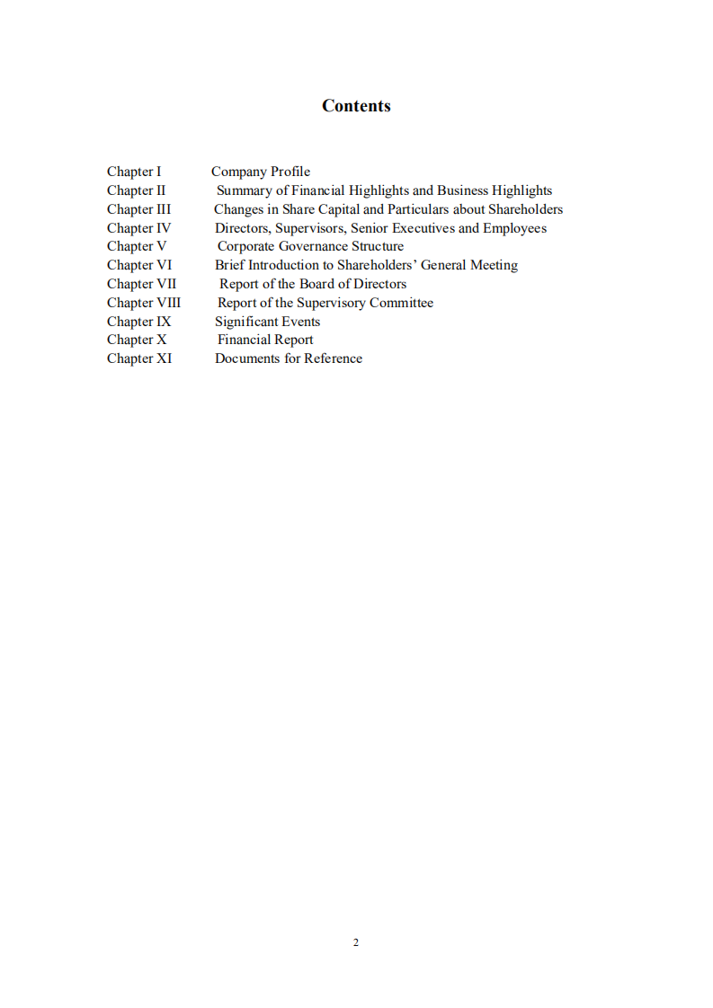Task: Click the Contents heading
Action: [356, 106]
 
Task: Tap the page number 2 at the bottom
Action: [356, 942]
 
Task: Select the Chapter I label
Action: [134, 172]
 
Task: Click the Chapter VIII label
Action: [144, 303]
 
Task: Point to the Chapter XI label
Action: [139, 358]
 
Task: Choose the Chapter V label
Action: [137, 246]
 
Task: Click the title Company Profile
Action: [261, 172]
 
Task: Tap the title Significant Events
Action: [267, 322]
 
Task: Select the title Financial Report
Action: [265, 340]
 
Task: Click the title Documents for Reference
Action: [289, 358]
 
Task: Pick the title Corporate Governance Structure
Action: [310, 246]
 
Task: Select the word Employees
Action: [514, 228]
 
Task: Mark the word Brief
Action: [229, 265]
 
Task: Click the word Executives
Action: [423, 228]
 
